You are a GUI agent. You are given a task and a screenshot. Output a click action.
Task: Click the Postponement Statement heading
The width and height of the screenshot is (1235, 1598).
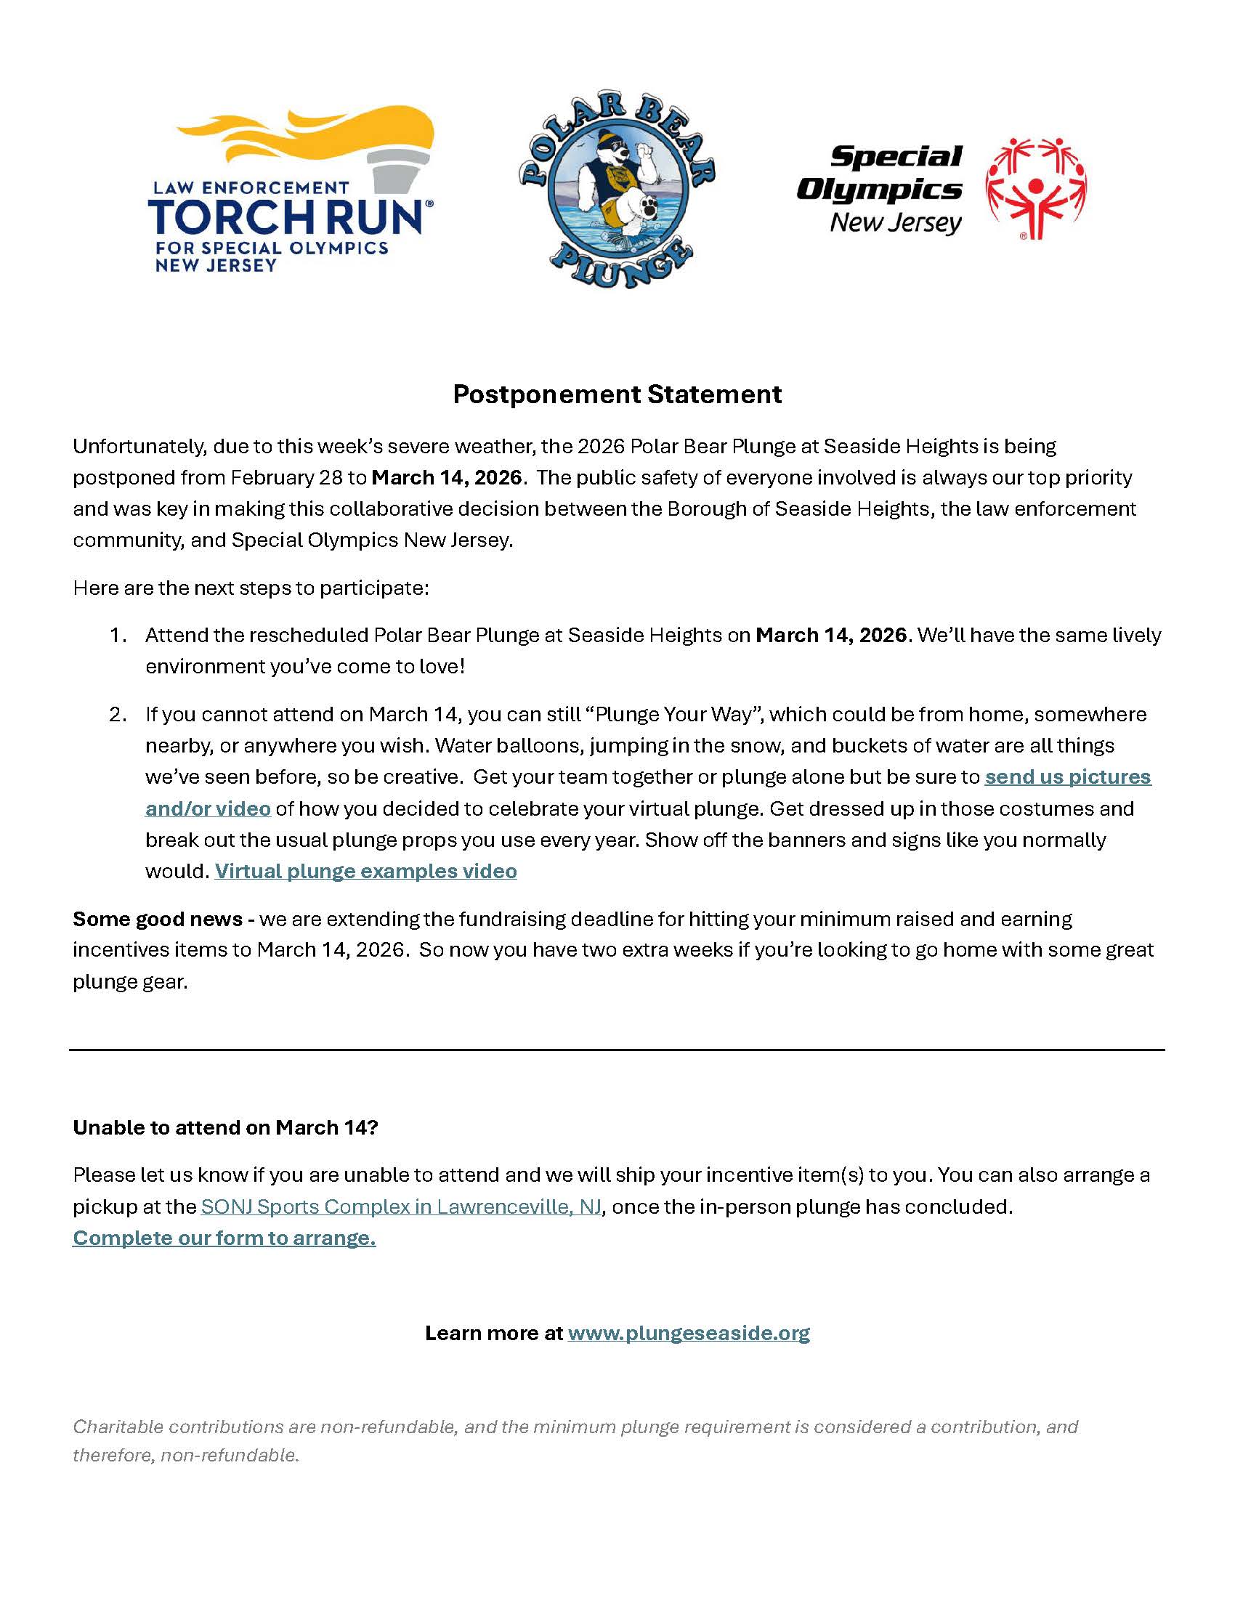pyautogui.click(x=617, y=394)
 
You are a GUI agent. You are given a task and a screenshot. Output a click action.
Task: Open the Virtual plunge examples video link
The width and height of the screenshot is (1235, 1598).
pyautogui.click(x=365, y=871)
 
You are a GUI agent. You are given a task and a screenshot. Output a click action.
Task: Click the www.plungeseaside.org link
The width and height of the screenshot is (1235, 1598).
pyautogui.click(x=689, y=1332)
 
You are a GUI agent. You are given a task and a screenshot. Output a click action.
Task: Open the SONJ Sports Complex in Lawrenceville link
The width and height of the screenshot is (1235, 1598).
pyautogui.click(x=401, y=1206)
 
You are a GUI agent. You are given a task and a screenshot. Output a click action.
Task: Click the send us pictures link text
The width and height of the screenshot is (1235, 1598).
pyautogui.click(x=1067, y=776)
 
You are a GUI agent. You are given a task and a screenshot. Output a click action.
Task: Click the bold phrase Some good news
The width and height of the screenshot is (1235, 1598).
pyautogui.click(x=158, y=918)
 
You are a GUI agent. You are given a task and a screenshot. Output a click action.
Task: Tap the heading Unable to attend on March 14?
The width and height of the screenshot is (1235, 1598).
pyautogui.click(x=225, y=1127)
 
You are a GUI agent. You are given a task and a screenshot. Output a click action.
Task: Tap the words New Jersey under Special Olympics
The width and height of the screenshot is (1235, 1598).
pyautogui.click(x=895, y=222)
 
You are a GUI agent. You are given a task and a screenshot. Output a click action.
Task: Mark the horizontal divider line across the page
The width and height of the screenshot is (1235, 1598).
pyautogui.click(x=617, y=1050)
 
